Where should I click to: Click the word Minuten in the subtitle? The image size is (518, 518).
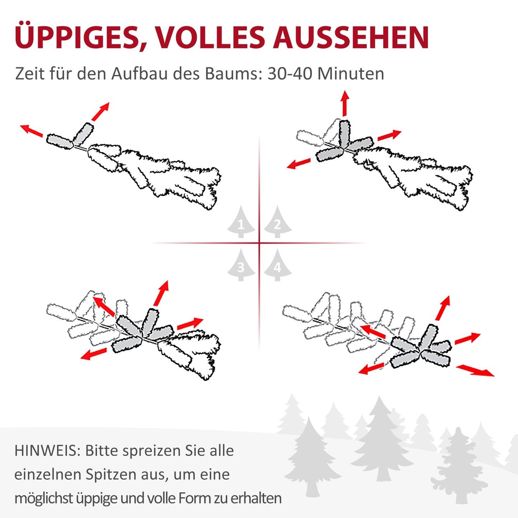click(351, 74)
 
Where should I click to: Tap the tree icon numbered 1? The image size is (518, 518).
click(241, 223)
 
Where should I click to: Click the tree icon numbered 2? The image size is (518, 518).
click(277, 223)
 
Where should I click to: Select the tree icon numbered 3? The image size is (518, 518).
click(241, 266)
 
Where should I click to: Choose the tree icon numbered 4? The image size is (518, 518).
click(277, 266)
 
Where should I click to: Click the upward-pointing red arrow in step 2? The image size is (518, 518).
click(345, 103)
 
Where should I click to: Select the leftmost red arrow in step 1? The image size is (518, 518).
click(31, 130)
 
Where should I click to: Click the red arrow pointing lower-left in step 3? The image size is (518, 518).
click(94, 354)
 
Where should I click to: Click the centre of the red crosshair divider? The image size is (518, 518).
click(259, 243)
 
